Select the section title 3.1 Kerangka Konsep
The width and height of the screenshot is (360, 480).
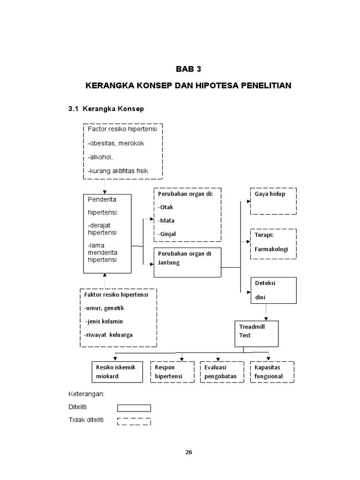tap(106, 109)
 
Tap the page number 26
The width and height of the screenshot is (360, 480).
tap(188, 452)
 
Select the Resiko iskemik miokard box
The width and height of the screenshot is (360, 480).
tap(116, 372)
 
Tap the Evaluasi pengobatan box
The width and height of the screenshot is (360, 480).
tap(222, 372)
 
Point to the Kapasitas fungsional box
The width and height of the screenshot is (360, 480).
tap(272, 372)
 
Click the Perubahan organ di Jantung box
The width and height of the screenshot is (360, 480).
tap(187, 262)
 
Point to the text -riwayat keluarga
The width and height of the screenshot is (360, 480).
tap(108, 335)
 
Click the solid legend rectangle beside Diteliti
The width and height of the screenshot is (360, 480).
tap(134, 408)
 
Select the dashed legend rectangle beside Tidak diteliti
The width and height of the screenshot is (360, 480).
tap(134, 421)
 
